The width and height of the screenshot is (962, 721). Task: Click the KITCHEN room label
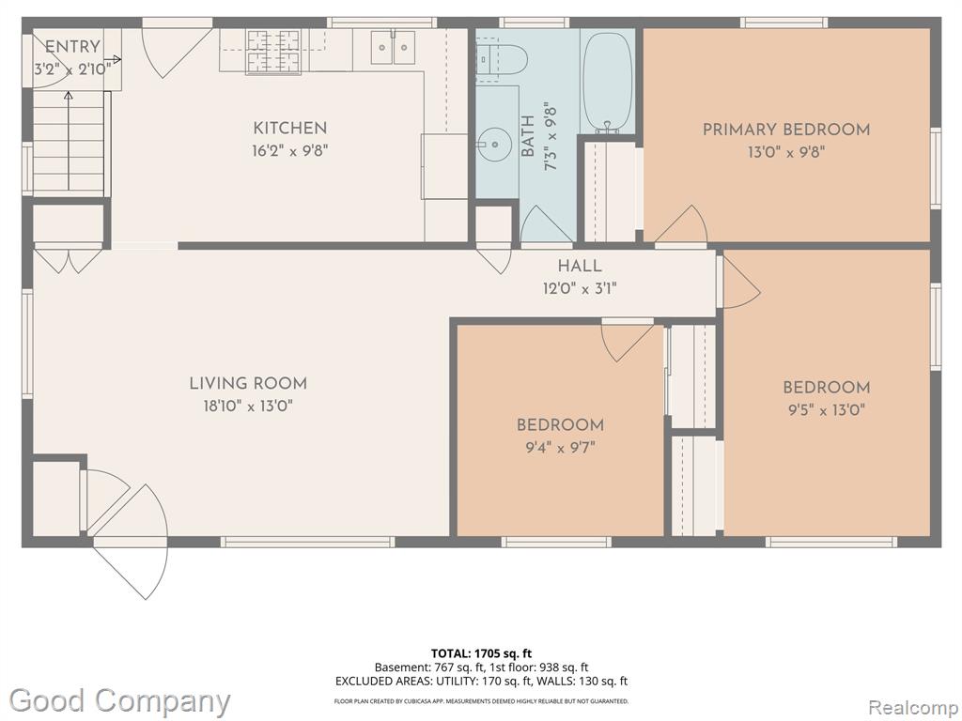[289, 128]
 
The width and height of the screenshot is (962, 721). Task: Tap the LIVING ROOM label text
[248, 384]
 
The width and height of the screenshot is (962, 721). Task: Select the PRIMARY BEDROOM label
[786, 130]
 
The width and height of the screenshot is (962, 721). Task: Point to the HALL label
[580, 266]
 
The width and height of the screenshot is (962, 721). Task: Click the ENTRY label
[72, 47]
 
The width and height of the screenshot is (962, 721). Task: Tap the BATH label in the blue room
[528, 136]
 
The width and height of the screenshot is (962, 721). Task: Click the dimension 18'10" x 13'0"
[248, 406]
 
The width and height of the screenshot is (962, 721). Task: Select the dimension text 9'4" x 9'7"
[560, 447]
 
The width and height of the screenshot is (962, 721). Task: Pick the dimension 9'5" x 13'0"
[827, 409]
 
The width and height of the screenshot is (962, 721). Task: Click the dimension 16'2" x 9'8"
[289, 150]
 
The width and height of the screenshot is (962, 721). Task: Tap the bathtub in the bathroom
[607, 83]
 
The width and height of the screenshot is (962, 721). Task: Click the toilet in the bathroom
[501, 59]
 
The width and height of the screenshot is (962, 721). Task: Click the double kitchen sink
[393, 48]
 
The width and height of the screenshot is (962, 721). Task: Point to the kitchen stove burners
[273, 52]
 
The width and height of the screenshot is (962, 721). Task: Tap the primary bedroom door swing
[682, 223]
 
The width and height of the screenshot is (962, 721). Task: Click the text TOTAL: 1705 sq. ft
[476, 653]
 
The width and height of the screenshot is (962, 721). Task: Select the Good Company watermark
[119, 701]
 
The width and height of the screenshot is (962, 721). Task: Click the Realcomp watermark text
[912, 707]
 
